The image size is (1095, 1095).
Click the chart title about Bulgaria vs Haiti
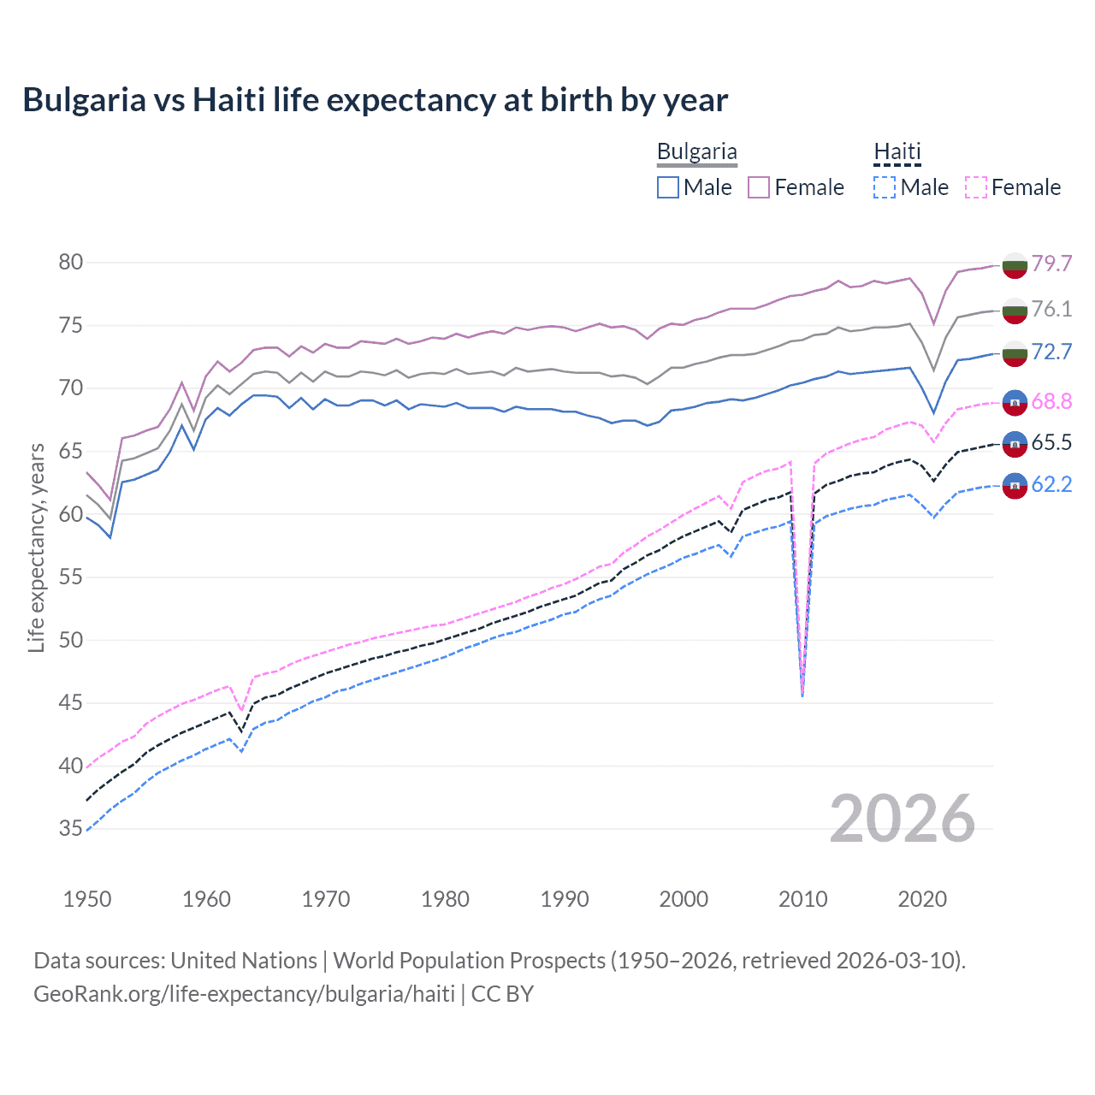[375, 100]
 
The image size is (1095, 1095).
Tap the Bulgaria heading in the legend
[696, 152]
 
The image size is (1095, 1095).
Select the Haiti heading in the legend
[897, 152]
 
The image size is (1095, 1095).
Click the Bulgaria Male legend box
[668, 187]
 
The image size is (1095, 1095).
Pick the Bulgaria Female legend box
[759, 187]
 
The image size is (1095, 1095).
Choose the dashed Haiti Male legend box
[885, 187]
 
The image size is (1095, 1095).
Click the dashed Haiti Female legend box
[976, 187]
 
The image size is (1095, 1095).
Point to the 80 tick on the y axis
[71, 262]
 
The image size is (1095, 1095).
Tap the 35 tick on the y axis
[71, 828]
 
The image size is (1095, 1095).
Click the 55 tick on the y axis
[71, 577]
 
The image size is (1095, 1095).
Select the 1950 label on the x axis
[87, 899]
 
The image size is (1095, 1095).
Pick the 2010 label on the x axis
[802, 899]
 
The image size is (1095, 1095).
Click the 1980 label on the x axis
[445, 899]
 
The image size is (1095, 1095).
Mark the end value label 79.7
[1051, 263]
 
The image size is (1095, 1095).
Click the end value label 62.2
[1051, 484]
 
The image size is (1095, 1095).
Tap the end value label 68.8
[1051, 400]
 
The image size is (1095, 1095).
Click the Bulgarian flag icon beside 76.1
[1015, 311]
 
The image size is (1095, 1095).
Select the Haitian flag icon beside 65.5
[1015, 444]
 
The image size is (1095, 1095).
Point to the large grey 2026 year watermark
[903, 819]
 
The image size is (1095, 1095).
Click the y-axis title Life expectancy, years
[36, 547]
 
